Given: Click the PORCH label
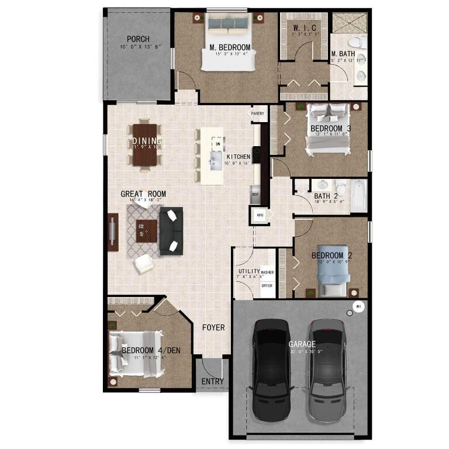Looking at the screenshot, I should [138, 39].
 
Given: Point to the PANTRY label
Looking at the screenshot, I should [258, 113].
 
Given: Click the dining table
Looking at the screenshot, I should [145, 144].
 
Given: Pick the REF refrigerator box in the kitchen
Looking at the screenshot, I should [255, 194].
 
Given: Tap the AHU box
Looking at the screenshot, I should [260, 215].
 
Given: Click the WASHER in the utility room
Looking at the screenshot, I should [267, 272].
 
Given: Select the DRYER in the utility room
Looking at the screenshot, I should [267, 286].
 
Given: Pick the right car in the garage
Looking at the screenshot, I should [328, 368].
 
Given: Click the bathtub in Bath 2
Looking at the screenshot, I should [359, 196].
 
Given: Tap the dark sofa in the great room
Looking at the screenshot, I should [171, 230].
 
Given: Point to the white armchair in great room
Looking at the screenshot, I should [143, 264].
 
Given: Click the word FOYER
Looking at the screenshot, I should [213, 327].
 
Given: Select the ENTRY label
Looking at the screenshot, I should [212, 381].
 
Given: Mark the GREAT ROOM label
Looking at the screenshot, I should [143, 194].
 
